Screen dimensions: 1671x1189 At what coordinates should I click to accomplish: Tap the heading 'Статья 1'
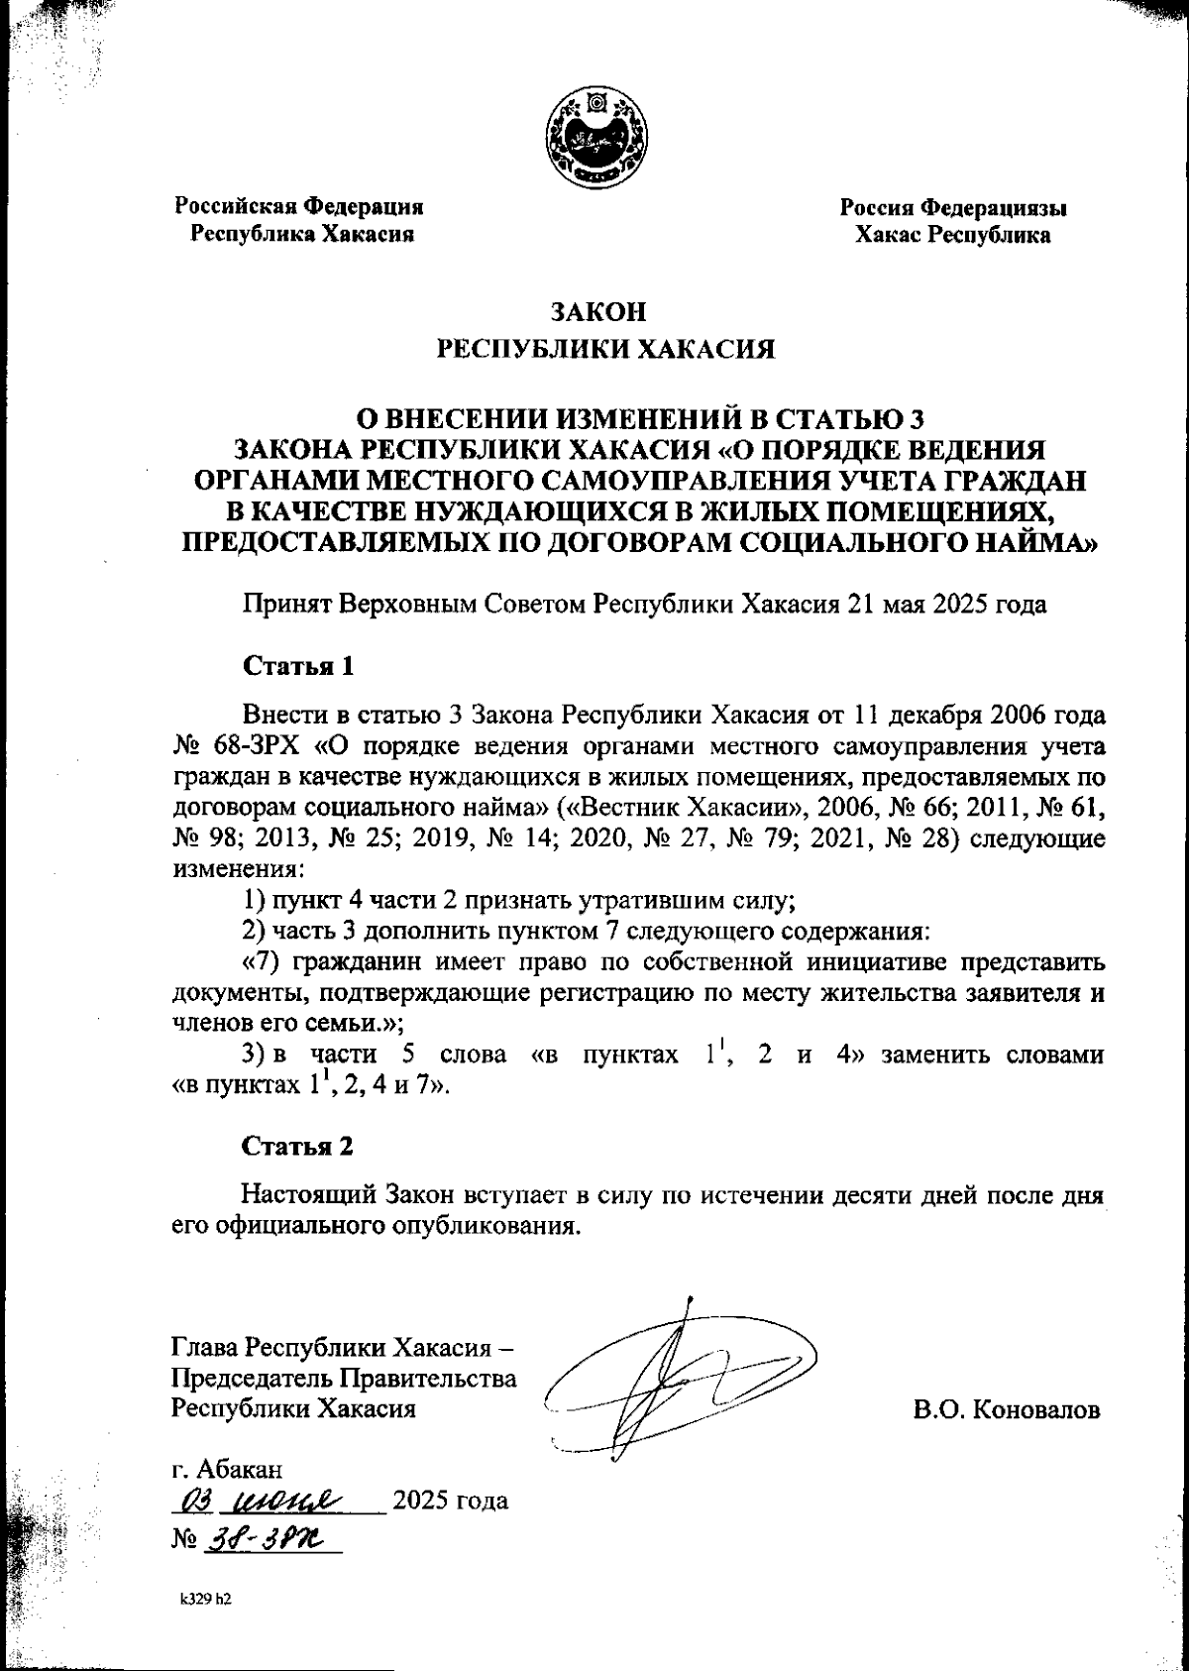point(298,665)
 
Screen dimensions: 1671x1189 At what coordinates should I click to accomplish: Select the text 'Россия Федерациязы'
point(953,208)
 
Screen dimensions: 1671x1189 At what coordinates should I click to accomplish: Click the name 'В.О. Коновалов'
point(1006,1409)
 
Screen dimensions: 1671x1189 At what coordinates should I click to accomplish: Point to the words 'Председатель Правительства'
point(344,1379)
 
